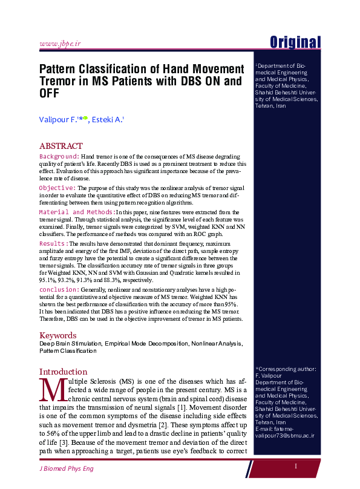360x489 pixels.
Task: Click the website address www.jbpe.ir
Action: pos(60,44)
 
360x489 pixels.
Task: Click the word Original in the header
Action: pos(295,42)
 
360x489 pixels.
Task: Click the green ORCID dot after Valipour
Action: pos(85,118)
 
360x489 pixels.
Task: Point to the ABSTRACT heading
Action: pos(61,146)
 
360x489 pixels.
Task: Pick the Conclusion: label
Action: pos(59,290)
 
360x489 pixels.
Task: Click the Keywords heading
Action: pos(57,335)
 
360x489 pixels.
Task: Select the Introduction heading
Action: pos(63,372)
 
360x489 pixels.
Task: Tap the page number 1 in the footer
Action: pos(296,466)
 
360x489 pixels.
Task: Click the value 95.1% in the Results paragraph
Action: pos(48,280)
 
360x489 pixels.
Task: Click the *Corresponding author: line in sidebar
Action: pos(286,369)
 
